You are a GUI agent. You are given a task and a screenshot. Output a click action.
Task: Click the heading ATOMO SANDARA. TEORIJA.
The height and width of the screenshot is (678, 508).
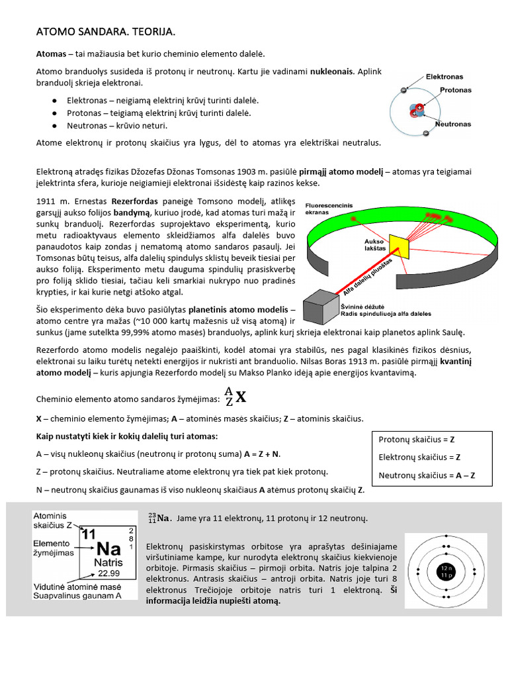pos(106,32)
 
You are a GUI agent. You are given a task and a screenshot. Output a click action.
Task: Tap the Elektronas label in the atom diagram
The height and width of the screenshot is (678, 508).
pos(444,77)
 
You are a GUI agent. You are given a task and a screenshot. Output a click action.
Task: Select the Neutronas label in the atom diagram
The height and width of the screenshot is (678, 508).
pos(452,124)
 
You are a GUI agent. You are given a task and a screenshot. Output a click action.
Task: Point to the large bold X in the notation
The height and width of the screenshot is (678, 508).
pos(241,397)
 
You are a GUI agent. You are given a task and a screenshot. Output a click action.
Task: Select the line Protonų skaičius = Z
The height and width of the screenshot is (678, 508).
pos(417,440)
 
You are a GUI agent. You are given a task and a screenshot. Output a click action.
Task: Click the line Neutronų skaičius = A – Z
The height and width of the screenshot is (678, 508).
pos(427,475)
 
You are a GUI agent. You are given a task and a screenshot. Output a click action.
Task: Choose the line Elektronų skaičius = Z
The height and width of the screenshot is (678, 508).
pos(419,457)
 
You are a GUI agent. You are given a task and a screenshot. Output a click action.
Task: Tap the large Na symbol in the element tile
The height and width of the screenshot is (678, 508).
pos(108,549)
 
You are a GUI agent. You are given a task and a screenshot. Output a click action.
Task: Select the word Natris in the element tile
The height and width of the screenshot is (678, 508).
pos(108,563)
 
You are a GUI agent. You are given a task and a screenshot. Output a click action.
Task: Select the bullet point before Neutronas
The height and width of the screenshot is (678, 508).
pos(54,126)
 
